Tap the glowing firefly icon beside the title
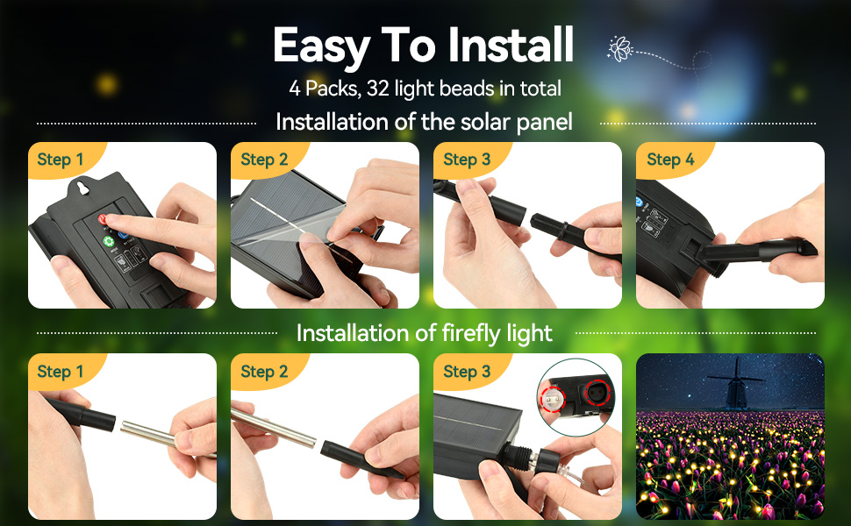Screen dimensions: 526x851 point(620,48)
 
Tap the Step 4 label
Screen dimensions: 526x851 point(670,160)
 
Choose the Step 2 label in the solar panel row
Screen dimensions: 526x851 point(264,160)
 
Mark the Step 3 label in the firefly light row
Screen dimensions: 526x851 point(467,372)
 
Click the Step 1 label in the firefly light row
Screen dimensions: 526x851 point(61,372)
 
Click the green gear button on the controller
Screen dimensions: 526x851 point(109,242)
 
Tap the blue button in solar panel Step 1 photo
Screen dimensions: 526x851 point(122,234)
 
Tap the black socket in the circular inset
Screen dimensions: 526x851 point(599,391)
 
